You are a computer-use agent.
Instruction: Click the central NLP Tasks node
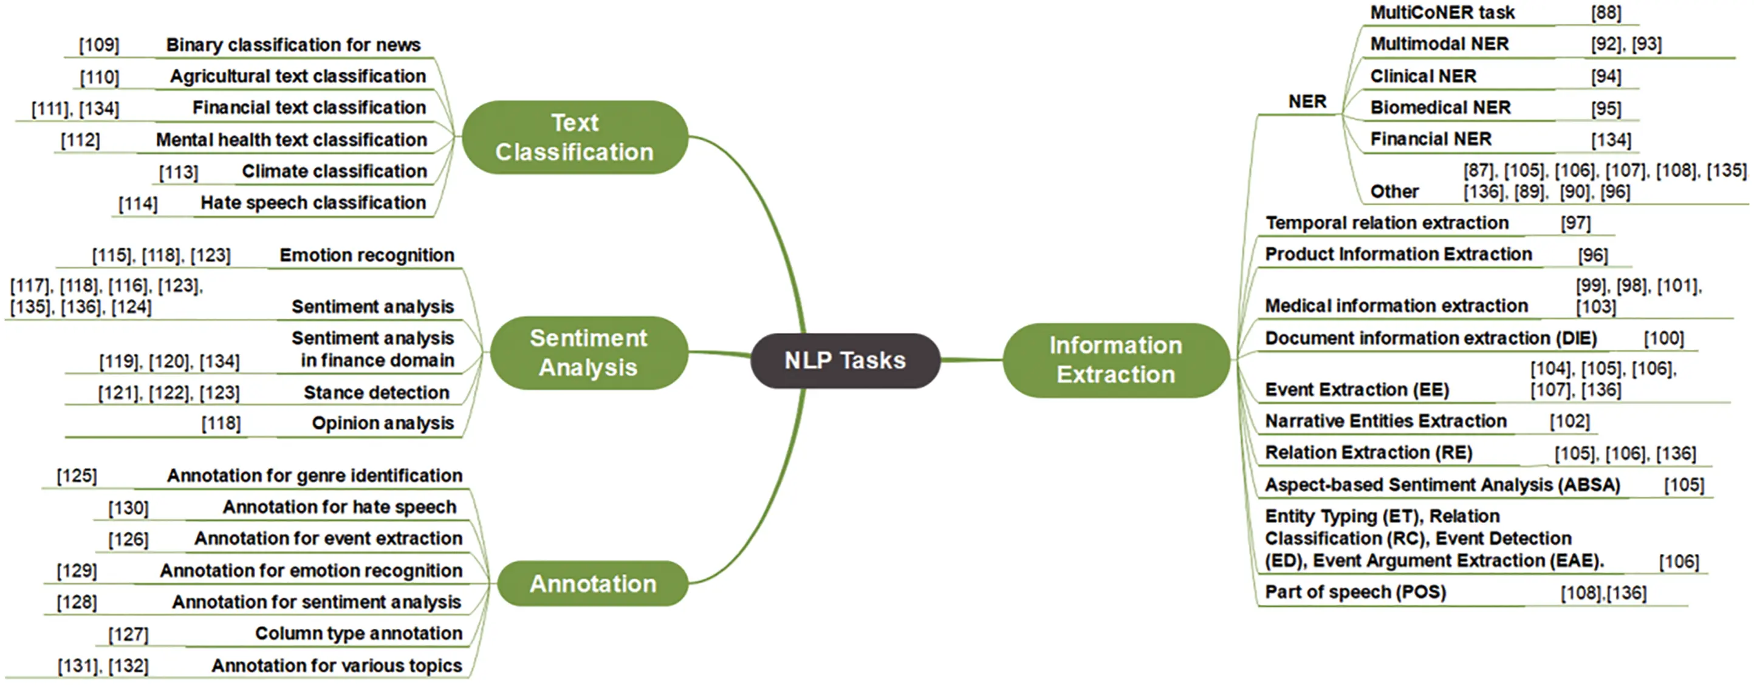tap(845, 360)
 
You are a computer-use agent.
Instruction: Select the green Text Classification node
tap(575, 137)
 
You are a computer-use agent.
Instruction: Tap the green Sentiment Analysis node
tap(588, 353)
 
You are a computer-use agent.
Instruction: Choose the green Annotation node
tap(592, 584)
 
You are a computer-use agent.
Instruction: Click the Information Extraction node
tap(1115, 360)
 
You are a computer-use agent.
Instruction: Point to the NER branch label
tap(1307, 101)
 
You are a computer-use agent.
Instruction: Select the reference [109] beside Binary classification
tap(100, 45)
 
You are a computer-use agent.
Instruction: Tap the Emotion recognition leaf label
tap(366, 255)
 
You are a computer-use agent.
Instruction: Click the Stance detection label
tap(376, 393)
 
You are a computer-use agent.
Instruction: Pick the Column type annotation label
tap(358, 633)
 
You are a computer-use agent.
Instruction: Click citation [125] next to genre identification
tap(77, 475)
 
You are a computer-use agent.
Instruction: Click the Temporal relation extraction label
tap(1386, 223)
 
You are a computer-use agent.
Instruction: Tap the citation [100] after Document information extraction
tap(1663, 338)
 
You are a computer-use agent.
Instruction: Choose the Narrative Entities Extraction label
tap(1385, 421)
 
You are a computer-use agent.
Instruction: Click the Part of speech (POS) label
tap(1355, 591)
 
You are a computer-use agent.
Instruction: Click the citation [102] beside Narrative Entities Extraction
tap(1569, 421)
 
